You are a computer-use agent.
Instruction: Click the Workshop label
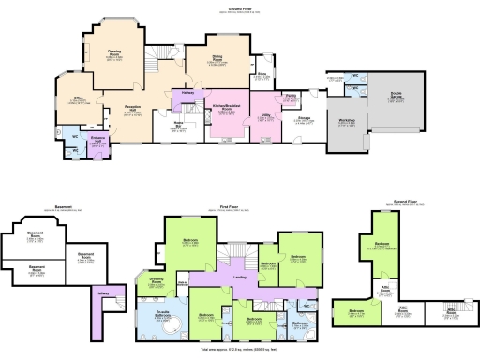(347, 121)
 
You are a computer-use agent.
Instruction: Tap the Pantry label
(291, 96)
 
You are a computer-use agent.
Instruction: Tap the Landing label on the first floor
(241, 277)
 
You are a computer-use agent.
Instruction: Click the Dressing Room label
(157, 278)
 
